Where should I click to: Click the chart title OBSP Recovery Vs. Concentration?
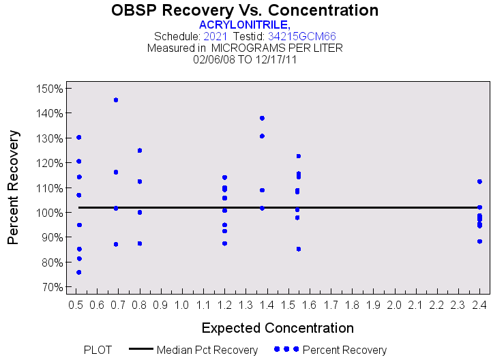pyautogui.click(x=245, y=10)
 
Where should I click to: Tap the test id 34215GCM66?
pyautogui.click(x=301, y=36)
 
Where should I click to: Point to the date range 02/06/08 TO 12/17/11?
pyautogui.click(x=245, y=59)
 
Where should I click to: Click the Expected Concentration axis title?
pyautogui.click(x=278, y=327)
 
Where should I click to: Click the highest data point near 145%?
pyautogui.click(x=116, y=100)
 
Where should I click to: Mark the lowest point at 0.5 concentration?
pyautogui.click(x=79, y=272)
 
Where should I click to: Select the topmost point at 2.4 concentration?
pyautogui.click(x=479, y=181)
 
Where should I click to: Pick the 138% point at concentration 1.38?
pyautogui.click(x=262, y=118)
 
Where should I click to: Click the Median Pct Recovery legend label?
pyautogui.click(x=207, y=350)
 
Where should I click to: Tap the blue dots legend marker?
pyautogui.click(x=286, y=349)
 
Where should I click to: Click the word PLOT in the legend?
pyautogui.click(x=98, y=350)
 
